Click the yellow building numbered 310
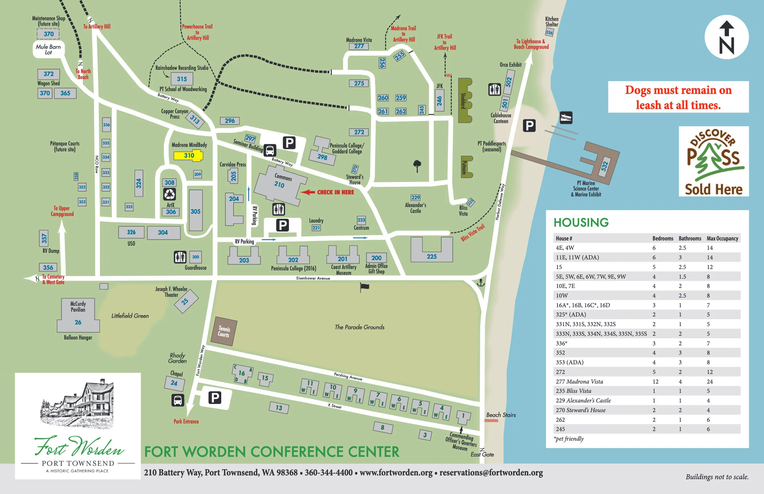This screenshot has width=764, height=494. tap(188, 155)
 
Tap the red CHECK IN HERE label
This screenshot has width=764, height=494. tap(335, 192)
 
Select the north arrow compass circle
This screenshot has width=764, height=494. tap(726, 37)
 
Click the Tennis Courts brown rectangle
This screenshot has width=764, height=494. tap(224, 331)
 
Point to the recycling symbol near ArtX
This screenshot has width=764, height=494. tap(170, 194)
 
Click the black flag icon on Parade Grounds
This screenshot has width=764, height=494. tap(364, 287)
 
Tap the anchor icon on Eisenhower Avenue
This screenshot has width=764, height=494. tap(481, 283)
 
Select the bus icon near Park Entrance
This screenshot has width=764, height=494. tap(178, 400)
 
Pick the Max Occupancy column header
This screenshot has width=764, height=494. tap(722, 238)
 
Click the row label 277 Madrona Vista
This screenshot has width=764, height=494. tap(579, 381)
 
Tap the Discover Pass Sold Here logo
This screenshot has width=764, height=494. tap(714, 161)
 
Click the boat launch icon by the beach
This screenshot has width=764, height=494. tap(566, 118)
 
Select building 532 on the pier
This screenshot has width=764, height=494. tap(605, 166)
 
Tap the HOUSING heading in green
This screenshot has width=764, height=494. tap(581, 223)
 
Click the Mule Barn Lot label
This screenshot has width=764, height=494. tap(48, 49)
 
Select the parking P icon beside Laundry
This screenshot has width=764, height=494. tap(282, 225)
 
